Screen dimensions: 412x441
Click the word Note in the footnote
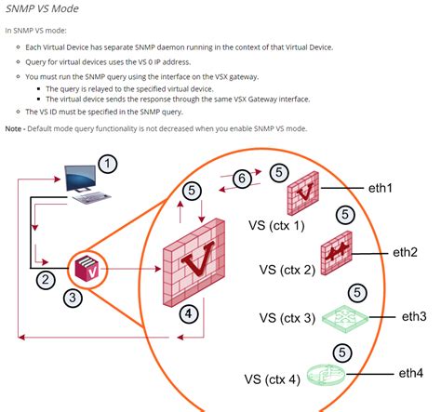click(x=16, y=127)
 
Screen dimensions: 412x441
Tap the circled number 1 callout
click(x=110, y=165)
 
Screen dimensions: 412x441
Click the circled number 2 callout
click(x=43, y=278)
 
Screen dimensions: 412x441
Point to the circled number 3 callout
click(x=72, y=298)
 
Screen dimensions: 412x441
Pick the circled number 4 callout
click(x=189, y=313)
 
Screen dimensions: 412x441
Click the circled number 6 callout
click(x=241, y=178)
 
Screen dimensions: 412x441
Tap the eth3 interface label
click(x=413, y=316)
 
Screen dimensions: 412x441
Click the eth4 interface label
click(x=409, y=373)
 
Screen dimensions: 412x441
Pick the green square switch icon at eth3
click(x=345, y=316)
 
